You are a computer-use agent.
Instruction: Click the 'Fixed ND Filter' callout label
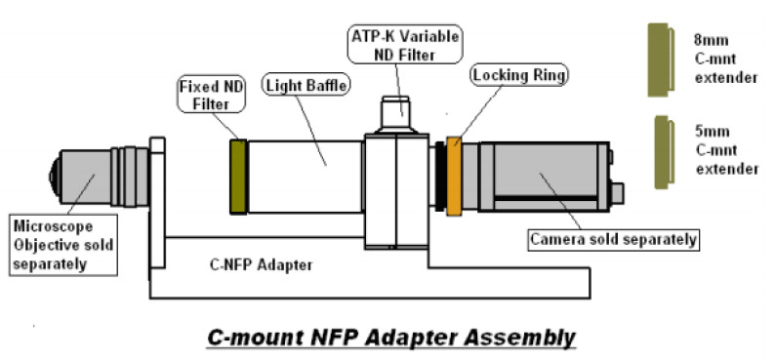[211, 96]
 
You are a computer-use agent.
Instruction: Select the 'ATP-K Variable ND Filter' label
[405, 45]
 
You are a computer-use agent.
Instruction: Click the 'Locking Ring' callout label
[519, 75]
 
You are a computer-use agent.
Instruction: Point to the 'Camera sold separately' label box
[613, 239]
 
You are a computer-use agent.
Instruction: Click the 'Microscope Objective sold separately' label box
[63, 245]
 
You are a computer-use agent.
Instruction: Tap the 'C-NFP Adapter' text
[261, 265]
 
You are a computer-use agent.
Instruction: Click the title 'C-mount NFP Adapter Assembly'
[391, 338]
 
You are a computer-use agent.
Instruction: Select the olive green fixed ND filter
[238, 177]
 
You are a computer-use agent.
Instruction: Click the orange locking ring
[454, 177]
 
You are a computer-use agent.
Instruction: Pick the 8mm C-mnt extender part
[661, 60]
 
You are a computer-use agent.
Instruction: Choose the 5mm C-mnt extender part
[665, 152]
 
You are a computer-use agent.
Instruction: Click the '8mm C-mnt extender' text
[725, 59]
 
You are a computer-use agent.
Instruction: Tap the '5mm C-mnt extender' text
[727, 150]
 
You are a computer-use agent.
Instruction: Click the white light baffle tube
[305, 177]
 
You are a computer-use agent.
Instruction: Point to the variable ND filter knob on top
[396, 112]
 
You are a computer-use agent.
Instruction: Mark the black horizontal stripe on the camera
[546, 197]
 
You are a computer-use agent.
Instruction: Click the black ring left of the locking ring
[439, 177]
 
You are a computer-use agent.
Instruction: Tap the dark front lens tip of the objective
[54, 176]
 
